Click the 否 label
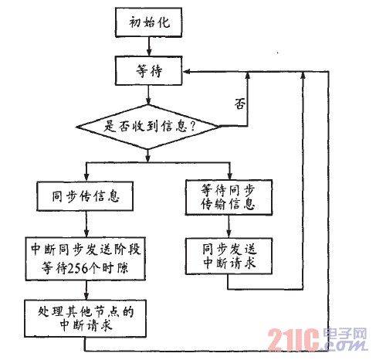pos(240,104)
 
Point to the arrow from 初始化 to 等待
pos(148,46)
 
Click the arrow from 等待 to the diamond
pos(148,95)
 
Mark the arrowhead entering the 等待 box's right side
pos(186,72)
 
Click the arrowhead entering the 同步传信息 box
pos(86,178)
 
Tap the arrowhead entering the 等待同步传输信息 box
pos(229,176)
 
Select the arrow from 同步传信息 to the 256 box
pos(86,224)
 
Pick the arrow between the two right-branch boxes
pos(229,226)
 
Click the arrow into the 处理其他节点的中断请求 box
pos(86,290)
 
